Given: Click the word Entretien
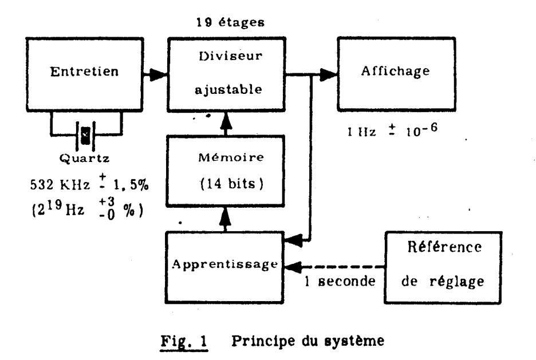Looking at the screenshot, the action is coord(84,72).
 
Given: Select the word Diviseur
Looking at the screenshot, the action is coord(230,56).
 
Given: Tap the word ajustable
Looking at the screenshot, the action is coord(228,89).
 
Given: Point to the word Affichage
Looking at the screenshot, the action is coord(396,71).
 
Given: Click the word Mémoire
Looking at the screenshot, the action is coord(231,157).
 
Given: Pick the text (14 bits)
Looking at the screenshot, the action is coord(232,184).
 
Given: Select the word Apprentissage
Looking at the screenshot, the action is coord(224,264).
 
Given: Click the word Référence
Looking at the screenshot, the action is coord(444,247).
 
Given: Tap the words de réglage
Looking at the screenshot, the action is coord(443,282).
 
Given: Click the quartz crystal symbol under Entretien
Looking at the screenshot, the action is coord(86,136).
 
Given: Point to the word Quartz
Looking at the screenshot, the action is coord(84,158).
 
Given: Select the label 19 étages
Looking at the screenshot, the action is coord(230,22).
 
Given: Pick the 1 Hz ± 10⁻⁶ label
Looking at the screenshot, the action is coord(392,130).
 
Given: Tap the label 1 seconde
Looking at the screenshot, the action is coord(340,282).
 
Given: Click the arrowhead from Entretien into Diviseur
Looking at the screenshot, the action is coord(158,75).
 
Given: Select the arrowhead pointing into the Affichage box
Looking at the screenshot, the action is coord(328,75).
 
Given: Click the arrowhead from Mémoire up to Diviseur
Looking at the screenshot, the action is coord(226,121).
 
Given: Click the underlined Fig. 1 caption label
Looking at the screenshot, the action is coord(184,341).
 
